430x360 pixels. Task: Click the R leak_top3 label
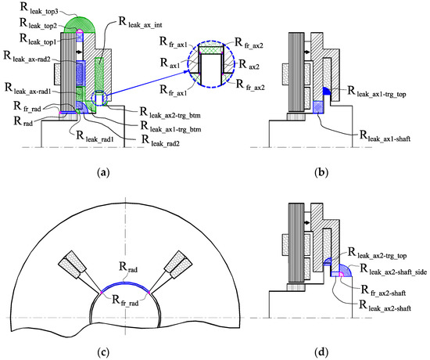pos(40,9)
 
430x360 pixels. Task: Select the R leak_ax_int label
pos(140,22)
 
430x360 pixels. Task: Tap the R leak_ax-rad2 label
pos(27,56)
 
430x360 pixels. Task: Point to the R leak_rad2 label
pos(160,140)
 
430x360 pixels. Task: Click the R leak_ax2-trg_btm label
pos(170,113)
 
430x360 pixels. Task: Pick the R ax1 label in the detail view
pos(170,63)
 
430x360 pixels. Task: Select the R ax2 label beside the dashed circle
pos(249,65)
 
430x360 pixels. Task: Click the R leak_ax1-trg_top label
pos(377,92)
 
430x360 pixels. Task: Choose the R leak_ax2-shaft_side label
pos(393,269)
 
